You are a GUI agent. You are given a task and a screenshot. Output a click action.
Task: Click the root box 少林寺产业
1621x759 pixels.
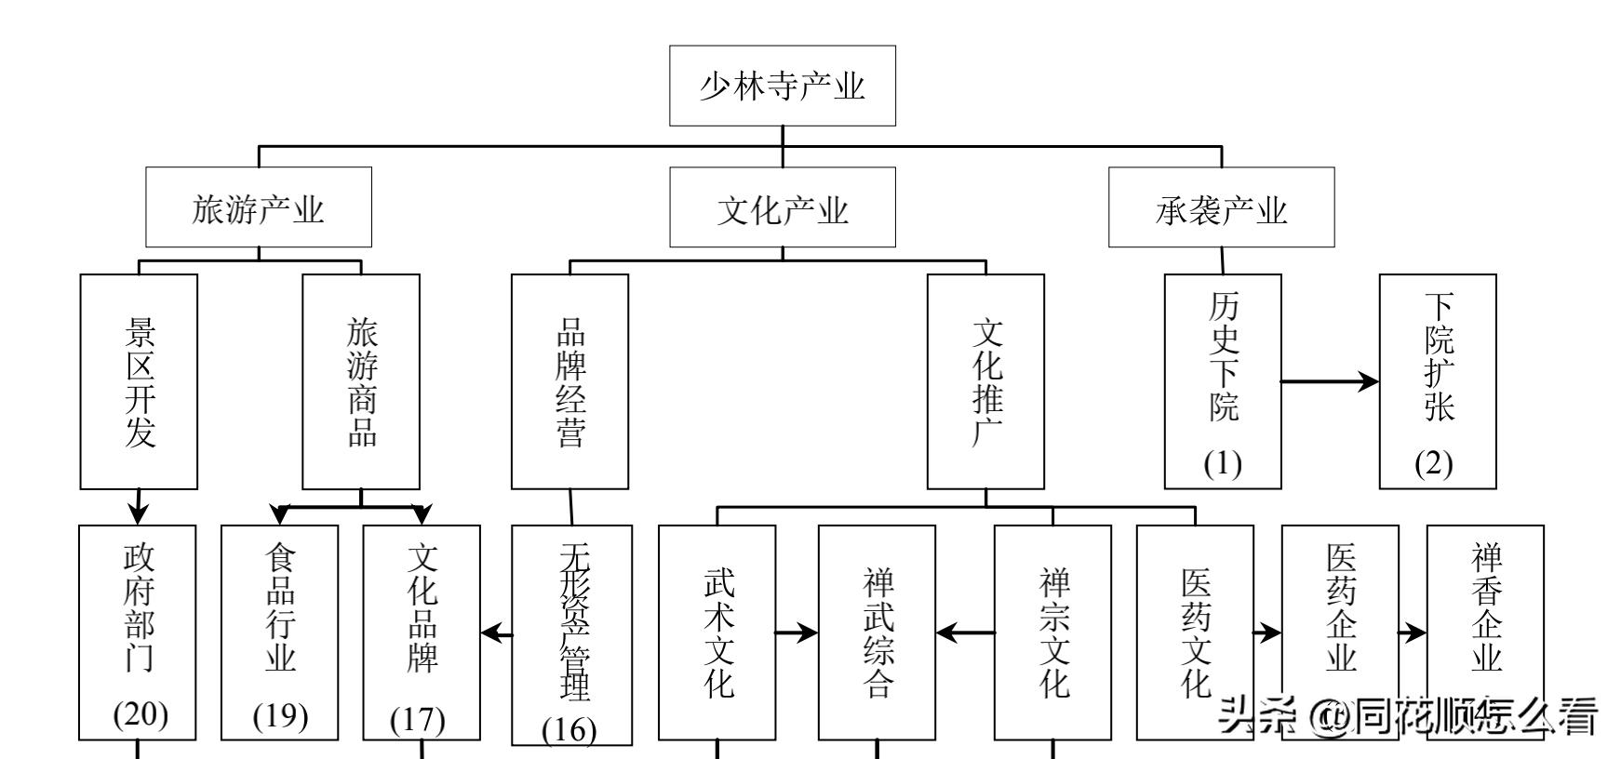[782, 86]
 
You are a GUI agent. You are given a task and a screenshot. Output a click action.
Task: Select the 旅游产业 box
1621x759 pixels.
[258, 207]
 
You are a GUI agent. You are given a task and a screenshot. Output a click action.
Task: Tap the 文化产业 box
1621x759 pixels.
[782, 207]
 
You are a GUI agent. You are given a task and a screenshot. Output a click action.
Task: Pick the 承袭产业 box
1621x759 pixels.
[1221, 207]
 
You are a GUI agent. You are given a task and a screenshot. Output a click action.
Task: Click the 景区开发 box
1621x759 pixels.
[139, 381]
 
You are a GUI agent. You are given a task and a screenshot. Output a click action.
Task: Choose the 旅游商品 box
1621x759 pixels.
[361, 381]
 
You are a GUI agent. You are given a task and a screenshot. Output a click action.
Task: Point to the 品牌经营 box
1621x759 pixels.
[569, 381]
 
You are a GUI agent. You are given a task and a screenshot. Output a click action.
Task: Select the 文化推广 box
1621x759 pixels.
[985, 381]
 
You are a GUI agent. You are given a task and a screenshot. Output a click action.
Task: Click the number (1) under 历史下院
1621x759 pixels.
[1222, 463]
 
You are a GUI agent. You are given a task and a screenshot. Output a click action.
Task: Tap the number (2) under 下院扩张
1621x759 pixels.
[1434, 463]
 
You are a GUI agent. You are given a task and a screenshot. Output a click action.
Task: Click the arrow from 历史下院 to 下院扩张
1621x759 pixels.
[1330, 380]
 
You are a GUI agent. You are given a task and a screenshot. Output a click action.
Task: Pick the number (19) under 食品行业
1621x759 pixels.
[280, 715]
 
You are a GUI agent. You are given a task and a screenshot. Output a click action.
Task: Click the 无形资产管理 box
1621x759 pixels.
[572, 632]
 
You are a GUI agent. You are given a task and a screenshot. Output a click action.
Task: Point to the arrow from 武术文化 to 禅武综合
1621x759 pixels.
[797, 633]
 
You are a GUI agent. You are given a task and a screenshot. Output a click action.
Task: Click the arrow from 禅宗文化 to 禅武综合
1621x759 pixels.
[965, 633]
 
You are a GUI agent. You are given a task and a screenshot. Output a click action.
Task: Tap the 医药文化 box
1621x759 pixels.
[1195, 632]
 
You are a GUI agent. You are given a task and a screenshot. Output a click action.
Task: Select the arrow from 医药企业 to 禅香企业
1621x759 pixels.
[1413, 633]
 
